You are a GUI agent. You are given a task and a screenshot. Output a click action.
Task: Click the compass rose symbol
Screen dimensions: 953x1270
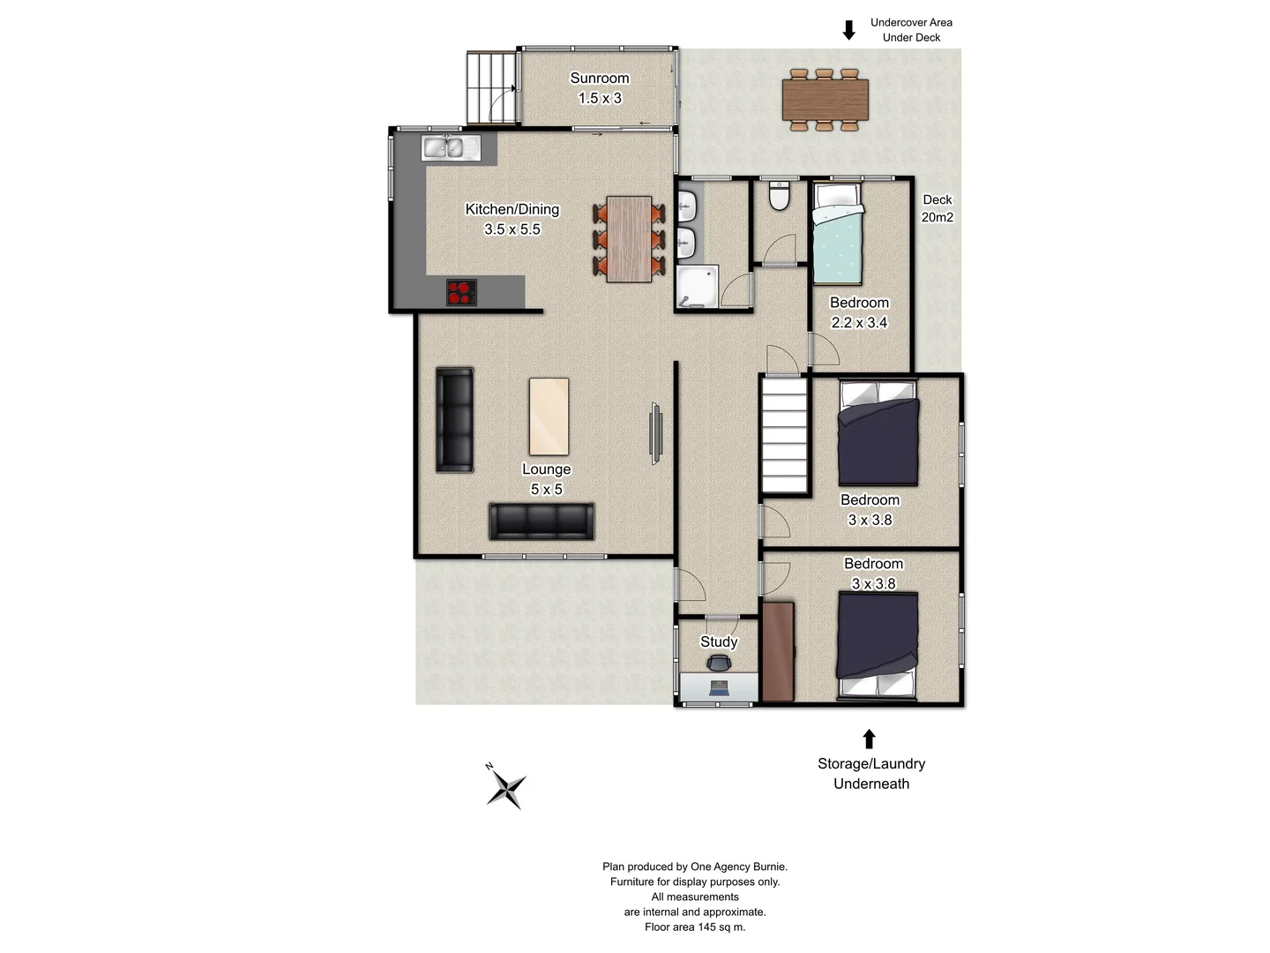[506, 787]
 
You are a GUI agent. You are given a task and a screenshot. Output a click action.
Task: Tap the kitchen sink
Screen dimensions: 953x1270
[451, 147]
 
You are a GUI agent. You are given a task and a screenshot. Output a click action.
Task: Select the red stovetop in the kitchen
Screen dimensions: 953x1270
[460, 292]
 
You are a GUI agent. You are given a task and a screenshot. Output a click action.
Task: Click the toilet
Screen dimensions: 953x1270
[779, 196]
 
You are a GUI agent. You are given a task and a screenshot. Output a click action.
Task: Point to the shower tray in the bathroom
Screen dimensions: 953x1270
[697, 287]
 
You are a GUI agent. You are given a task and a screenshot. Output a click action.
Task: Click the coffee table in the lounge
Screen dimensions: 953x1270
[549, 416]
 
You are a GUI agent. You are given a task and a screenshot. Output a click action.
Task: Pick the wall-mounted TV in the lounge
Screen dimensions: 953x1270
[655, 432]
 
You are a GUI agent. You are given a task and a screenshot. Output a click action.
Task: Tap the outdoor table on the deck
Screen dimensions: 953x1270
[825, 100]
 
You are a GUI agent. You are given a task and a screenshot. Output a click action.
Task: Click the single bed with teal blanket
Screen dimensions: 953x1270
[837, 234]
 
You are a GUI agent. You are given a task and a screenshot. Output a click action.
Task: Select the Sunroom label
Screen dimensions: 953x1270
[600, 79]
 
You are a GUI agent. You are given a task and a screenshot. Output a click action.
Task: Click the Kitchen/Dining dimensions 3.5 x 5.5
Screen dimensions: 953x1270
[512, 229]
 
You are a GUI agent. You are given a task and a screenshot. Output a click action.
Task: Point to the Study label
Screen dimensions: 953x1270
[719, 642]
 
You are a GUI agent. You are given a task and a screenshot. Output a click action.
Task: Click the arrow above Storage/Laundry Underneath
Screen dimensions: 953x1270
[869, 739]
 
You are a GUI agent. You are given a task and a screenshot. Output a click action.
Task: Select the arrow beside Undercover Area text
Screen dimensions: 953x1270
[848, 30]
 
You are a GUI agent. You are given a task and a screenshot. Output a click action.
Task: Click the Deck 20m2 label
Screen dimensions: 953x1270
[937, 208]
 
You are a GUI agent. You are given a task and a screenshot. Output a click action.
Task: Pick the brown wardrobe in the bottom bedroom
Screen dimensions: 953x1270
[778, 651]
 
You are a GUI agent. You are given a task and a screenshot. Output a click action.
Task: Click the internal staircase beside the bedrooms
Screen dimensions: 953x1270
[784, 433]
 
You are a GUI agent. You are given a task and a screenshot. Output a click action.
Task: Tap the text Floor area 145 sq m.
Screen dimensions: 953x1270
[695, 927]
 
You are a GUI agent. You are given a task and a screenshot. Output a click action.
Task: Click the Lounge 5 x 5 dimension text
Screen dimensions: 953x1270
[546, 490]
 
